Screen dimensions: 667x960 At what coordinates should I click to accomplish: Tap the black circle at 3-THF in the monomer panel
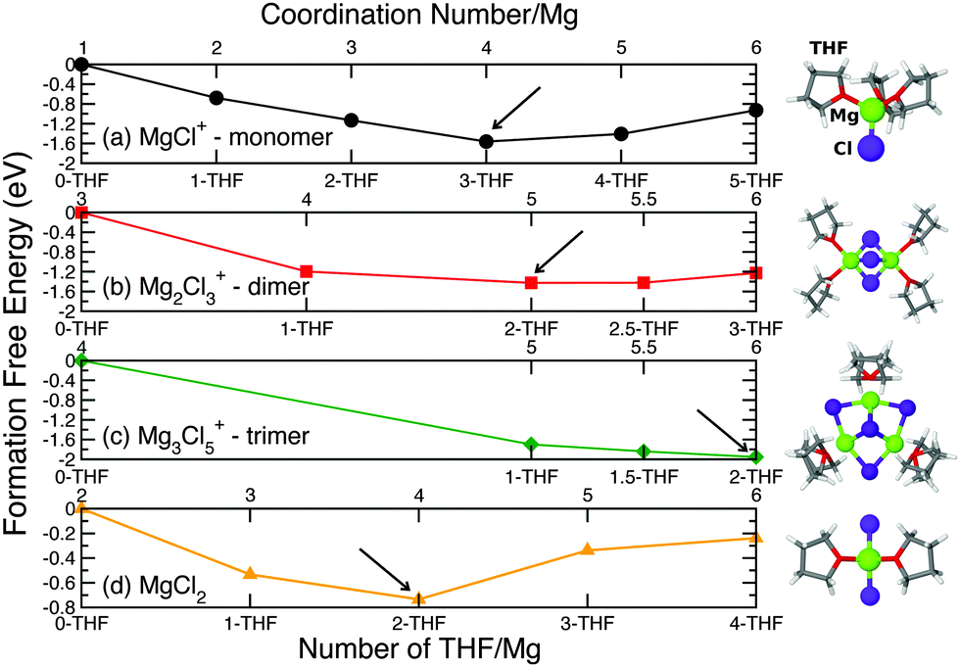[x=486, y=141]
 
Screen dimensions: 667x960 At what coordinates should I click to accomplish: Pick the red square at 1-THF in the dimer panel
[x=307, y=271]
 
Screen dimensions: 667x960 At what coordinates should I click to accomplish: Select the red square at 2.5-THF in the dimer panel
[x=644, y=282]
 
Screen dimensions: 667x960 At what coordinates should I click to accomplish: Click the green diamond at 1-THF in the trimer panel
[x=531, y=444]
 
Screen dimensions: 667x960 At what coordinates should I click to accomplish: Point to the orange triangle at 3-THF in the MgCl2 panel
[x=587, y=549]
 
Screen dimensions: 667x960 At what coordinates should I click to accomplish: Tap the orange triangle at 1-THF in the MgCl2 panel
[x=250, y=573]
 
